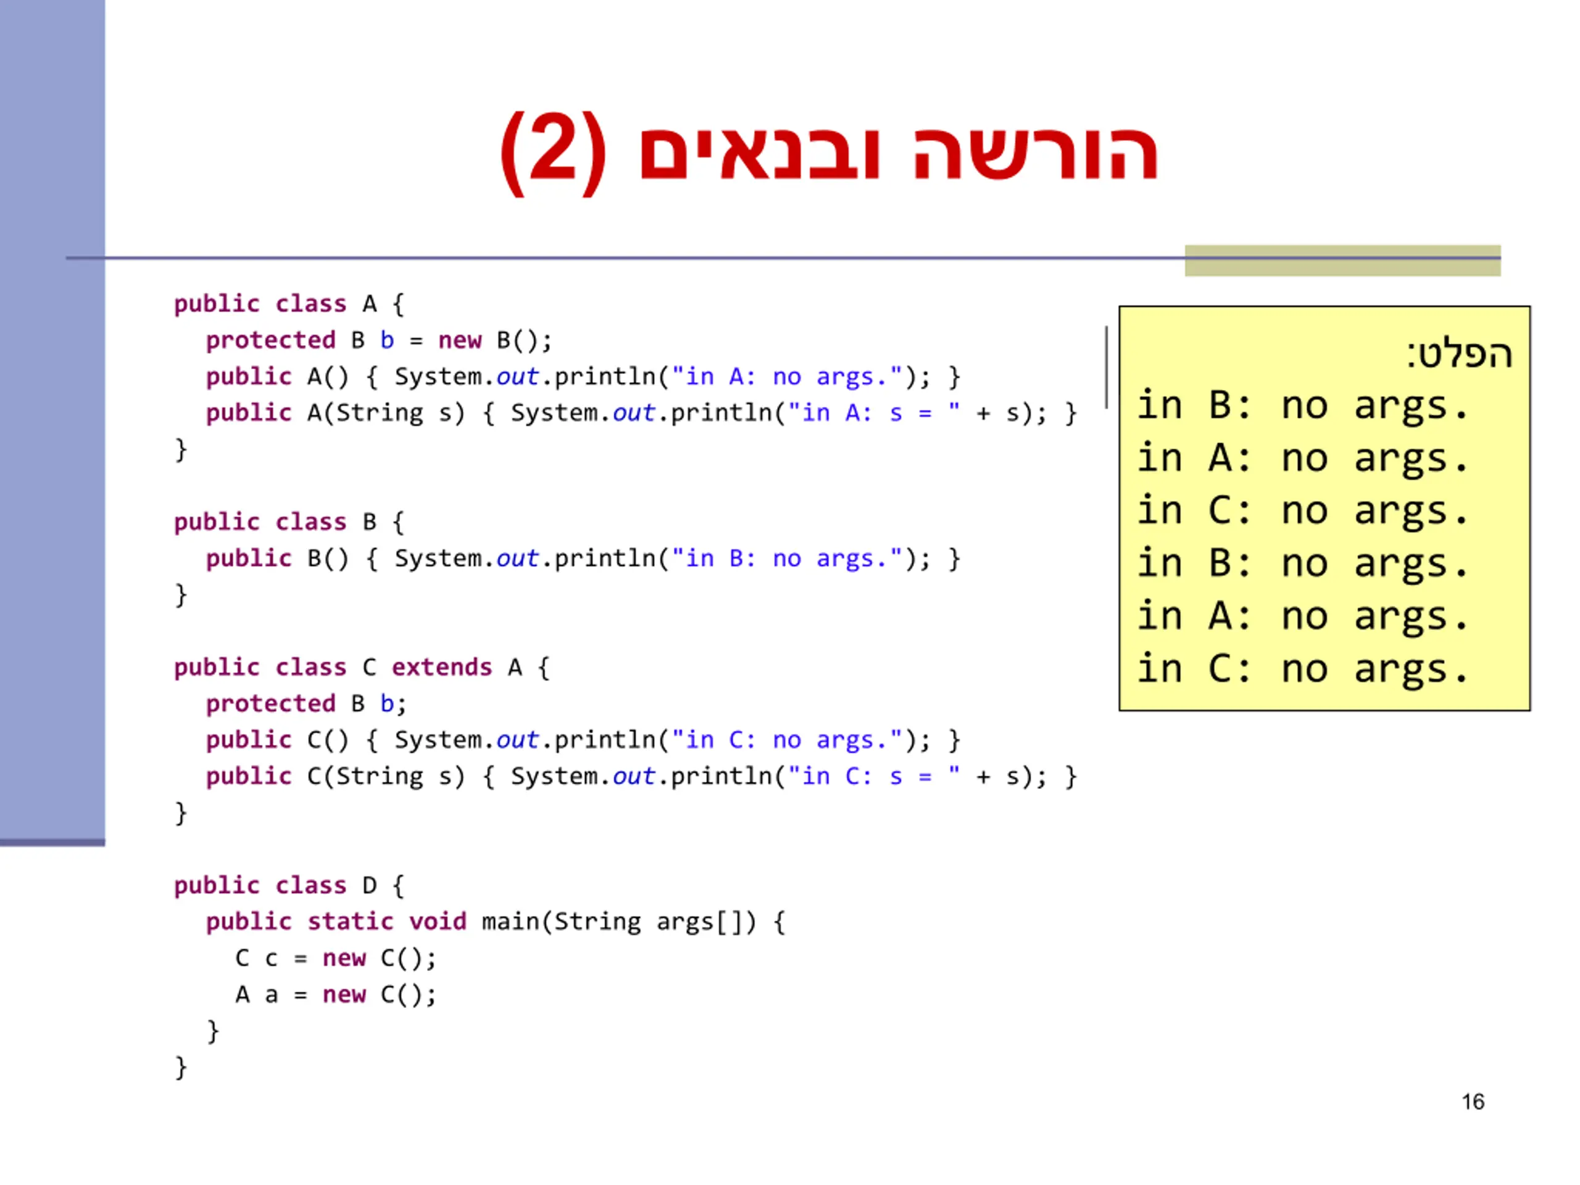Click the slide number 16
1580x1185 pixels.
(x=1472, y=1102)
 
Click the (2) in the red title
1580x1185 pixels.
(x=553, y=152)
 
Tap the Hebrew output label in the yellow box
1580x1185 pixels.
(x=1459, y=354)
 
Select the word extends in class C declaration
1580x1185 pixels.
(x=441, y=667)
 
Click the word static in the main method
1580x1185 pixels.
(x=350, y=921)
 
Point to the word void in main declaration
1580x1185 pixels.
(x=437, y=921)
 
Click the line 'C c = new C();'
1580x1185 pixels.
(x=335, y=958)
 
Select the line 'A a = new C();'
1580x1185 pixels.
(x=335, y=994)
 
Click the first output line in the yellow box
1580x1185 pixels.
(x=1302, y=405)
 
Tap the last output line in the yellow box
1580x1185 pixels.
(x=1302, y=669)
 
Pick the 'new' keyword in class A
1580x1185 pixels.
(x=459, y=340)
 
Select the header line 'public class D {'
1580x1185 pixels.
(x=289, y=885)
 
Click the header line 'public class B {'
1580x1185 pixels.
(x=289, y=522)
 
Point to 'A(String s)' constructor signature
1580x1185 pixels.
(x=386, y=413)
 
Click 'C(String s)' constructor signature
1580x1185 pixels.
(x=386, y=776)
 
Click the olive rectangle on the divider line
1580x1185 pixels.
(x=1342, y=260)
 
